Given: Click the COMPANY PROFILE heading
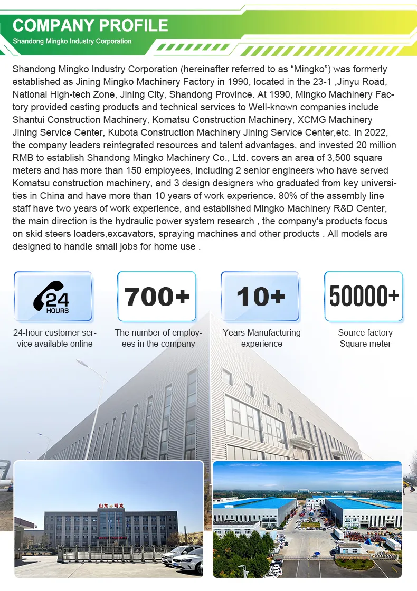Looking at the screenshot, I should (90, 25).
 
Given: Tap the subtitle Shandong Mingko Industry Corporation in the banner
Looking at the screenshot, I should (72, 41).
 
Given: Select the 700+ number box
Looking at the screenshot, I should (156, 297).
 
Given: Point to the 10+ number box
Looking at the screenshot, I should (260, 297).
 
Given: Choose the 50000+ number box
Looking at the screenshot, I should (364, 297).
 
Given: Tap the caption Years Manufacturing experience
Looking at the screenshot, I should (262, 338).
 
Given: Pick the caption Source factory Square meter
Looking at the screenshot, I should (365, 338).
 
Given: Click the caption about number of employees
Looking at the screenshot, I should (158, 338).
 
